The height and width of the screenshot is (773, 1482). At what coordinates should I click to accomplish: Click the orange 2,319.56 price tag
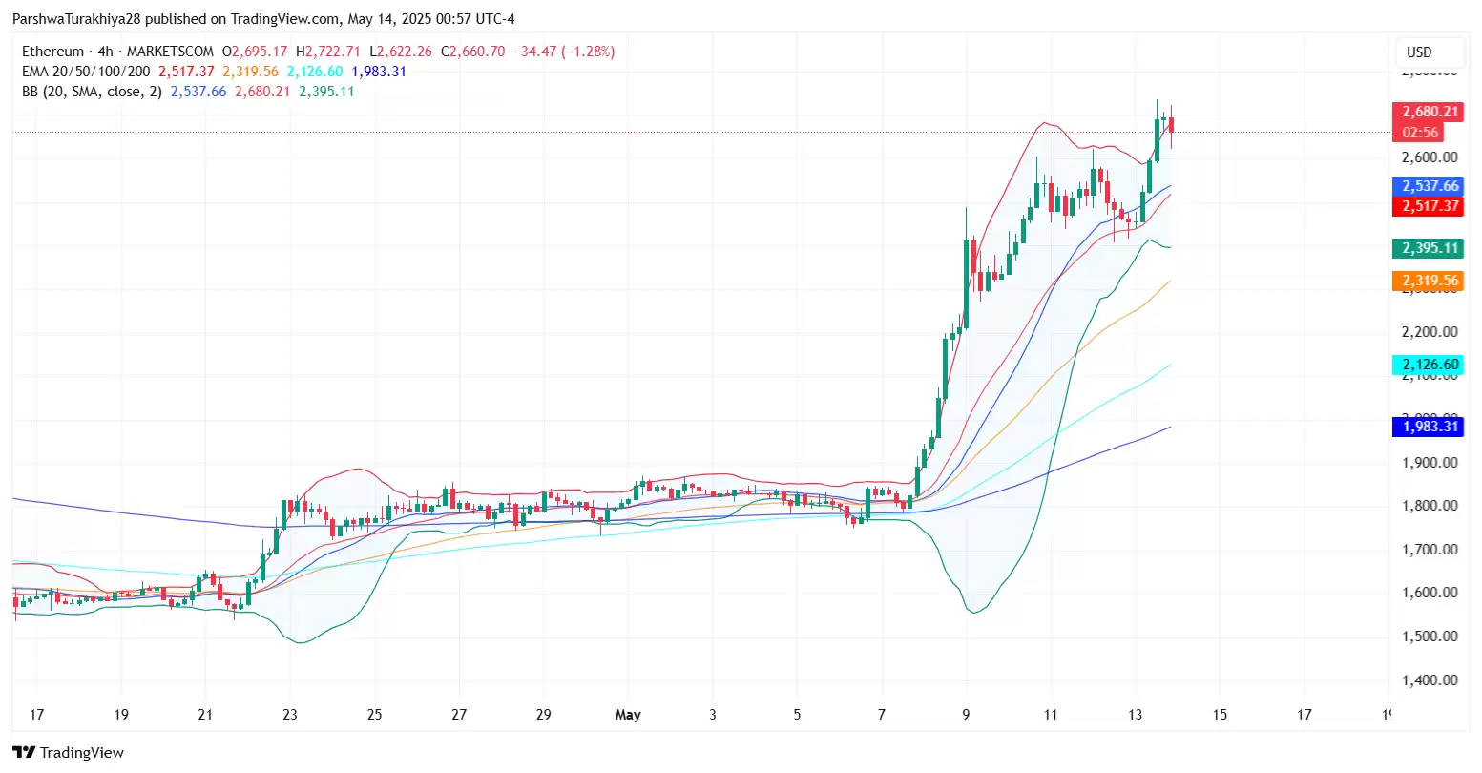pyautogui.click(x=1428, y=281)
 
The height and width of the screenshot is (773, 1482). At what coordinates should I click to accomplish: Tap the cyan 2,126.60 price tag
pyautogui.click(x=1428, y=365)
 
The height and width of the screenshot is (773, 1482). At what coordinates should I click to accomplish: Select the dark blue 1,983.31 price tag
pyautogui.click(x=1428, y=427)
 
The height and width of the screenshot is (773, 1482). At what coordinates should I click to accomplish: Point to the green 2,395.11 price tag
pyautogui.click(x=1428, y=248)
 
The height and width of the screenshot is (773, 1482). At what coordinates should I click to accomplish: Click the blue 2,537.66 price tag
pyautogui.click(x=1428, y=186)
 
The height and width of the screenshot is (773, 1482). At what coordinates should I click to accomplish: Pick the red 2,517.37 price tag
pyautogui.click(x=1428, y=206)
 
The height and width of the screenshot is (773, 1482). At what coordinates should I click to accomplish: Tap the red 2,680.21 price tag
pyautogui.click(x=1428, y=112)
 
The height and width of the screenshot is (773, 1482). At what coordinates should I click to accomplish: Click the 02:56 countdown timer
pyautogui.click(x=1421, y=133)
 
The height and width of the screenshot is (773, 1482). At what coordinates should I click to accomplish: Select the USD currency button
pyautogui.click(x=1419, y=52)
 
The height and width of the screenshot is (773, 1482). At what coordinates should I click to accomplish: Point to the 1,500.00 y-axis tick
pyautogui.click(x=1429, y=637)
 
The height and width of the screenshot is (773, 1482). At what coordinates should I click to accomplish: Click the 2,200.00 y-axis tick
pyautogui.click(x=1429, y=332)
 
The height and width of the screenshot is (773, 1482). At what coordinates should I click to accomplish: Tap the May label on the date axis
pyautogui.click(x=628, y=715)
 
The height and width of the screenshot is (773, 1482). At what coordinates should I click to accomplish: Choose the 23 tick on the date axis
pyautogui.click(x=290, y=715)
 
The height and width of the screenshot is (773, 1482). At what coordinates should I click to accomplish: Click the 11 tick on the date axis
pyautogui.click(x=1051, y=715)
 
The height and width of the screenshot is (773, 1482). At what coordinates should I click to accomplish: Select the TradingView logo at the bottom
pyautogui.click(x=69, y=753)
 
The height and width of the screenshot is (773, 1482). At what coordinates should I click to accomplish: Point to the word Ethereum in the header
pyautogui.click(x=53, y=52)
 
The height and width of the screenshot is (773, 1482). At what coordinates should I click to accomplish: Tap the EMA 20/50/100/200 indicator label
pyautogui.click(x=86, y=72)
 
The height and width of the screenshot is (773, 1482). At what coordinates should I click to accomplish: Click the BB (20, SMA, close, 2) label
pyautogui.click(x=92, y=92)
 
